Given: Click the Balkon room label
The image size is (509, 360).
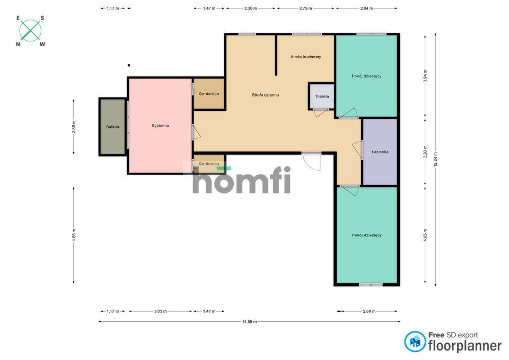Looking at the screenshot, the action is [x=112, y=127].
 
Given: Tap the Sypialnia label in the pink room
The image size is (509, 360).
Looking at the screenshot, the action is [x=160, y=126].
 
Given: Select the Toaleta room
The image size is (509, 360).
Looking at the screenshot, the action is [x=322, y=96].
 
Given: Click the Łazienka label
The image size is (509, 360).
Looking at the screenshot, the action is [x=380, y=152].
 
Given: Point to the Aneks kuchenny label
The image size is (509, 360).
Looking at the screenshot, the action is [x=305, y=57].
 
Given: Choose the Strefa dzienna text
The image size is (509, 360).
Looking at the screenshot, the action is [x=265, y=95].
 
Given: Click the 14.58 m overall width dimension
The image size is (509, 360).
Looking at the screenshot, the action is [x=249, y=322].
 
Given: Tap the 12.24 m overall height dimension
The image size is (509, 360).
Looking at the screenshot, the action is [x=436, y=160].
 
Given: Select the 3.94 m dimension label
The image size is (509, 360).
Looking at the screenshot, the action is [x=425, y=76].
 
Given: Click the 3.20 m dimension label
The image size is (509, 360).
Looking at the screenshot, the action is [x=425, y=152].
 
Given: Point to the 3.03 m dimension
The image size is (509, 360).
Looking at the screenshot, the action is [x=160, y=311].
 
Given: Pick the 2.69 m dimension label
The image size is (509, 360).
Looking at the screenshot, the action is [x=369, y=311].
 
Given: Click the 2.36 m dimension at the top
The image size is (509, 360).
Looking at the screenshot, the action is [x=251, y=8].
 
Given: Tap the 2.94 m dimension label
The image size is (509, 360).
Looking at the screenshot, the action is [x=366, y=8].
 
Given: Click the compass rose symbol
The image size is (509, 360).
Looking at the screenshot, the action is [x=30, y=31].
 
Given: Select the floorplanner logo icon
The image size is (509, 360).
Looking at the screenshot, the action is [x=415, y=341].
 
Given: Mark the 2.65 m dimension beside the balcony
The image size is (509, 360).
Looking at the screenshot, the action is [x=74, y=127].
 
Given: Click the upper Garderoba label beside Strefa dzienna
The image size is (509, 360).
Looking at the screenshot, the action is [x=209, y=94].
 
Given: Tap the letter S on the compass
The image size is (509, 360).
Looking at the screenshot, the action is [x=42, y=18].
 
